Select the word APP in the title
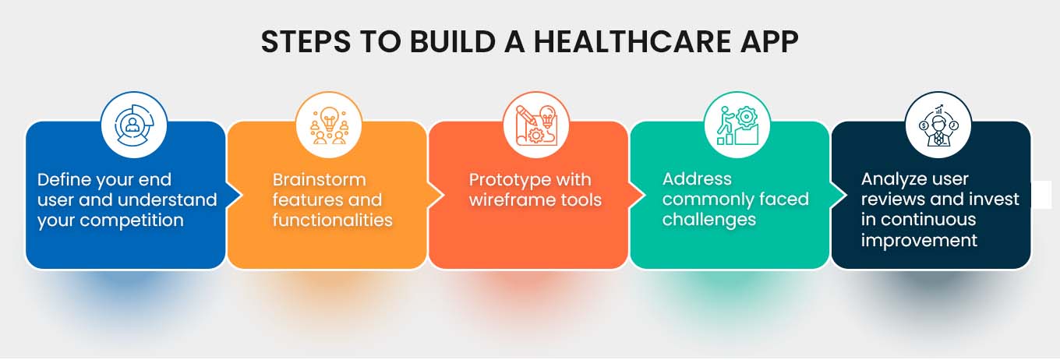pyautogui.click(x=768, y=42)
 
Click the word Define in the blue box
pyautogui.click(x=64, y=180)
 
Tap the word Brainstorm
pyautogui.click(x=319, y=180)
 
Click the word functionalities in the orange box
pyautogui.click(x=332, y=221)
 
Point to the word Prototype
pyautogui.click(x=507, y=180)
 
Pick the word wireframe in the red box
pyautogui.click(x=507, y=200)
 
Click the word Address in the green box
pyautogui.click(x=697, y=180)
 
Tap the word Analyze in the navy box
pyautogui.click(x=892, y=180)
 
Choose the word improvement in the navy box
pyautogui.click(x=919, y=240)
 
